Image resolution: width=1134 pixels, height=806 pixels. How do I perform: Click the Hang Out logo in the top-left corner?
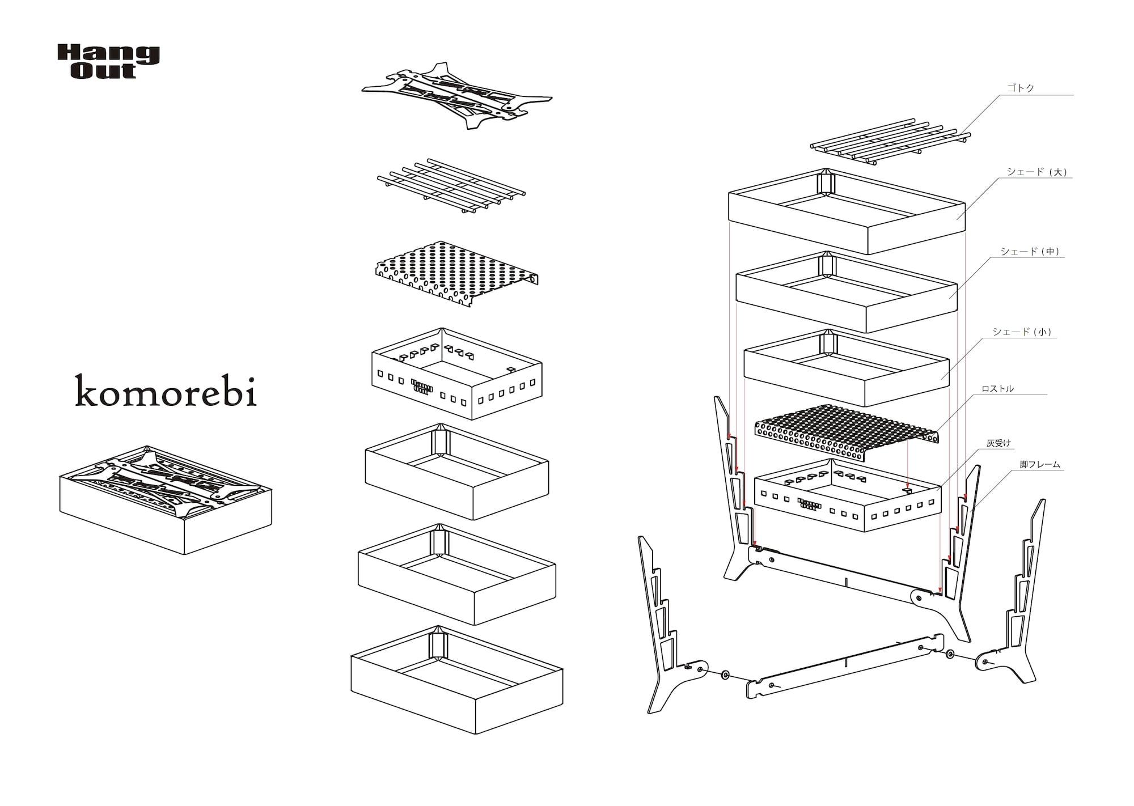tap(108, 62)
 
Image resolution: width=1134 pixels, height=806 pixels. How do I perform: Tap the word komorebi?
tap(166, 391)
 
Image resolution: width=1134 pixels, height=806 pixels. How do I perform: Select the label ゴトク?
tap(1020, 88)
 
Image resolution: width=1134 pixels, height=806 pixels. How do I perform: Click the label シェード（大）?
tap(1037, 172)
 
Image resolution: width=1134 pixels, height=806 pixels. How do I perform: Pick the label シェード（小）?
tap(1022, 332)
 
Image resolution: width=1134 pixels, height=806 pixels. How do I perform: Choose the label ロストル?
tap(997, 389)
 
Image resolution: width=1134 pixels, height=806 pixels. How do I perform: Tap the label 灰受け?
tap(998, 443)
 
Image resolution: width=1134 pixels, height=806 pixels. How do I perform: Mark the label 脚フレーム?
tap(1040, 464)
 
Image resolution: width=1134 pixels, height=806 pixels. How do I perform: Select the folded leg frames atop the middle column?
tap(457, 96)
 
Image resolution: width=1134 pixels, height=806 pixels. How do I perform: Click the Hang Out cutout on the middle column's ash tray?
tap(421, 385)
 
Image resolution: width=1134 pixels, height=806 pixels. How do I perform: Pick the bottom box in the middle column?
tap(456, 680)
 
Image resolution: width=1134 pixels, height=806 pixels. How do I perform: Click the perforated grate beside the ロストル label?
tap(845, 431)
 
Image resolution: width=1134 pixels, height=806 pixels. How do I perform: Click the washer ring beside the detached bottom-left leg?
tap(725, 675)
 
